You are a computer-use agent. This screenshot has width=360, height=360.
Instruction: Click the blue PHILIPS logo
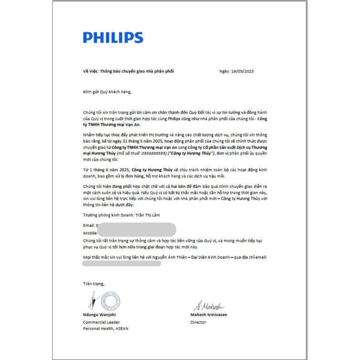tap(113, 38)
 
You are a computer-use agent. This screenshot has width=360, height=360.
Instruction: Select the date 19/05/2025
tap(242, 71)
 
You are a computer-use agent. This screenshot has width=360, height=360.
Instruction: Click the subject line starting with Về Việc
tap(128, 71)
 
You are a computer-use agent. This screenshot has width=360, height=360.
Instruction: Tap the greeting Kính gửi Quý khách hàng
tap(107, 92)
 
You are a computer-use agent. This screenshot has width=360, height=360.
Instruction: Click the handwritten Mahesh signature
tap(209, 306)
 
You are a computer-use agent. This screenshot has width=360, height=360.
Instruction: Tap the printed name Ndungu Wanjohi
tap(99, 315)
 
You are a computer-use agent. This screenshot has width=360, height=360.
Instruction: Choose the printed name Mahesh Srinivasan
tap(208, 315)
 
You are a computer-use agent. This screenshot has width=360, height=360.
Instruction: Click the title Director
tap(198, 322)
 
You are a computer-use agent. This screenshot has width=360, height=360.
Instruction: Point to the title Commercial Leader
tap(101, 322)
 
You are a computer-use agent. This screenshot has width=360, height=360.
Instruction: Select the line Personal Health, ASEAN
tap(105, 329)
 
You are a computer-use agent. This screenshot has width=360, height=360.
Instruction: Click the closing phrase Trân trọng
tap(94, 283)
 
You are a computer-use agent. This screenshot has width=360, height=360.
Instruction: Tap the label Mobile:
tap(90, 233)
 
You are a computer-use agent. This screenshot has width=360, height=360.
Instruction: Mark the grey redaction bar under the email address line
tap(121, 264)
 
